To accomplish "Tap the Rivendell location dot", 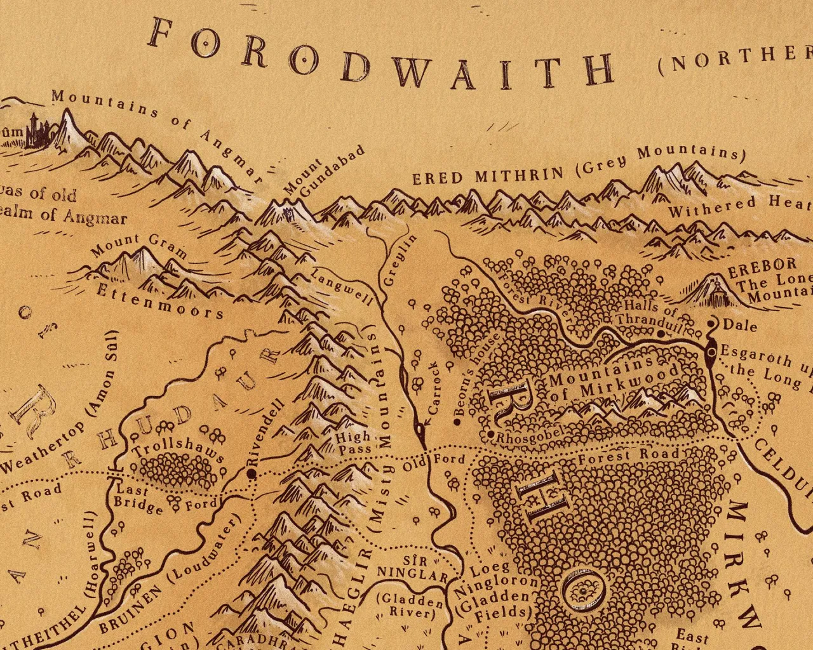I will [x=252, y=474].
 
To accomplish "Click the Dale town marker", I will [x=711, y=324].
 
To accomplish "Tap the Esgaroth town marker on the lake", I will [x=711, y=349].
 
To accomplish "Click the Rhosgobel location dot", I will [x=491, y=434].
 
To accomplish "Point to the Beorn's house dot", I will [x=457, y=421].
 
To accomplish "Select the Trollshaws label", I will [x=178, y=449].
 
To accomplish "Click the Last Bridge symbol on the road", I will [x=115, y=473].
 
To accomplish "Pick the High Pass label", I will [x=353, y=443].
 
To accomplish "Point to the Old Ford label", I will [x=435, y=463].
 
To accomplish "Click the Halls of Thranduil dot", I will [x=661, y=333].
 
